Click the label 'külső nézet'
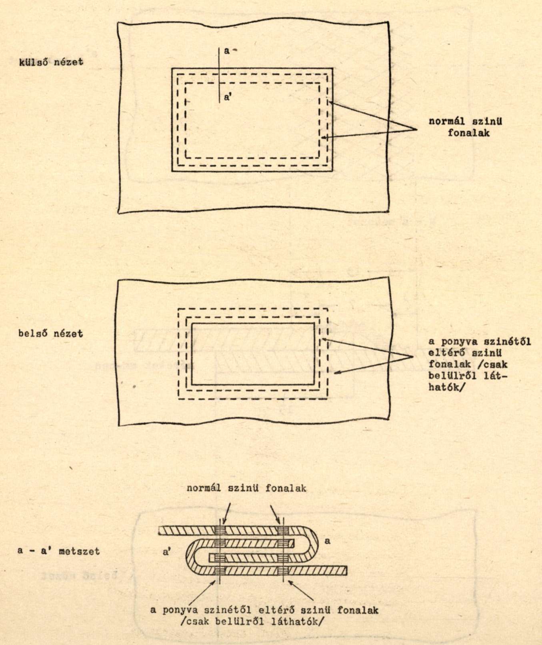tap(51, 62)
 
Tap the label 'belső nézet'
tap(51, 333)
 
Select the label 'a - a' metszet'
tap(58, 551)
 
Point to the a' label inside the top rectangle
tap(227, 97)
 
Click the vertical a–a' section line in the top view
tap(219, 75)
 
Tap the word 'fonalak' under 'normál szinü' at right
tap(468, 132)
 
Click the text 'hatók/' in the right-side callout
tap(445, 387)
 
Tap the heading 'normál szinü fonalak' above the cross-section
tap(247, 488)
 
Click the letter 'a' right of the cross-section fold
tap(327, 541)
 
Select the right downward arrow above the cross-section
tap(276, 514)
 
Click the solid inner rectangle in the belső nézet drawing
tap(253, 323)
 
